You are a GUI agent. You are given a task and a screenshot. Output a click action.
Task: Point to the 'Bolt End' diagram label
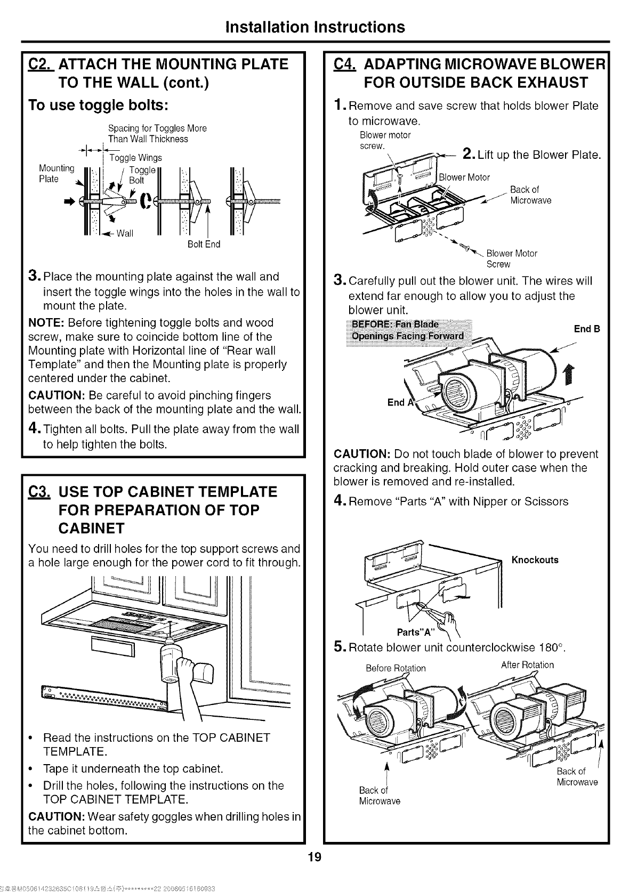[x=204, y=245]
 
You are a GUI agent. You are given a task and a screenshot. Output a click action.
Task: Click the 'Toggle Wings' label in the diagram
[x=135, y=158]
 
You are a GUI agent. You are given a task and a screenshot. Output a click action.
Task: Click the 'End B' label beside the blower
[x=587, y=329]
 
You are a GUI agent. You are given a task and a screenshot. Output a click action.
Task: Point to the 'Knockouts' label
[x=535, y=560]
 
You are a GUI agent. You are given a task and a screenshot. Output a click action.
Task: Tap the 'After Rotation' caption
[x=527, y=665]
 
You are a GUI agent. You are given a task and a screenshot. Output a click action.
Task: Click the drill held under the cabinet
[x=176, y=666]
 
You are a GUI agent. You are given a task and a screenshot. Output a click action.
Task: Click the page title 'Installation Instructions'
[x=314, y=27]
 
